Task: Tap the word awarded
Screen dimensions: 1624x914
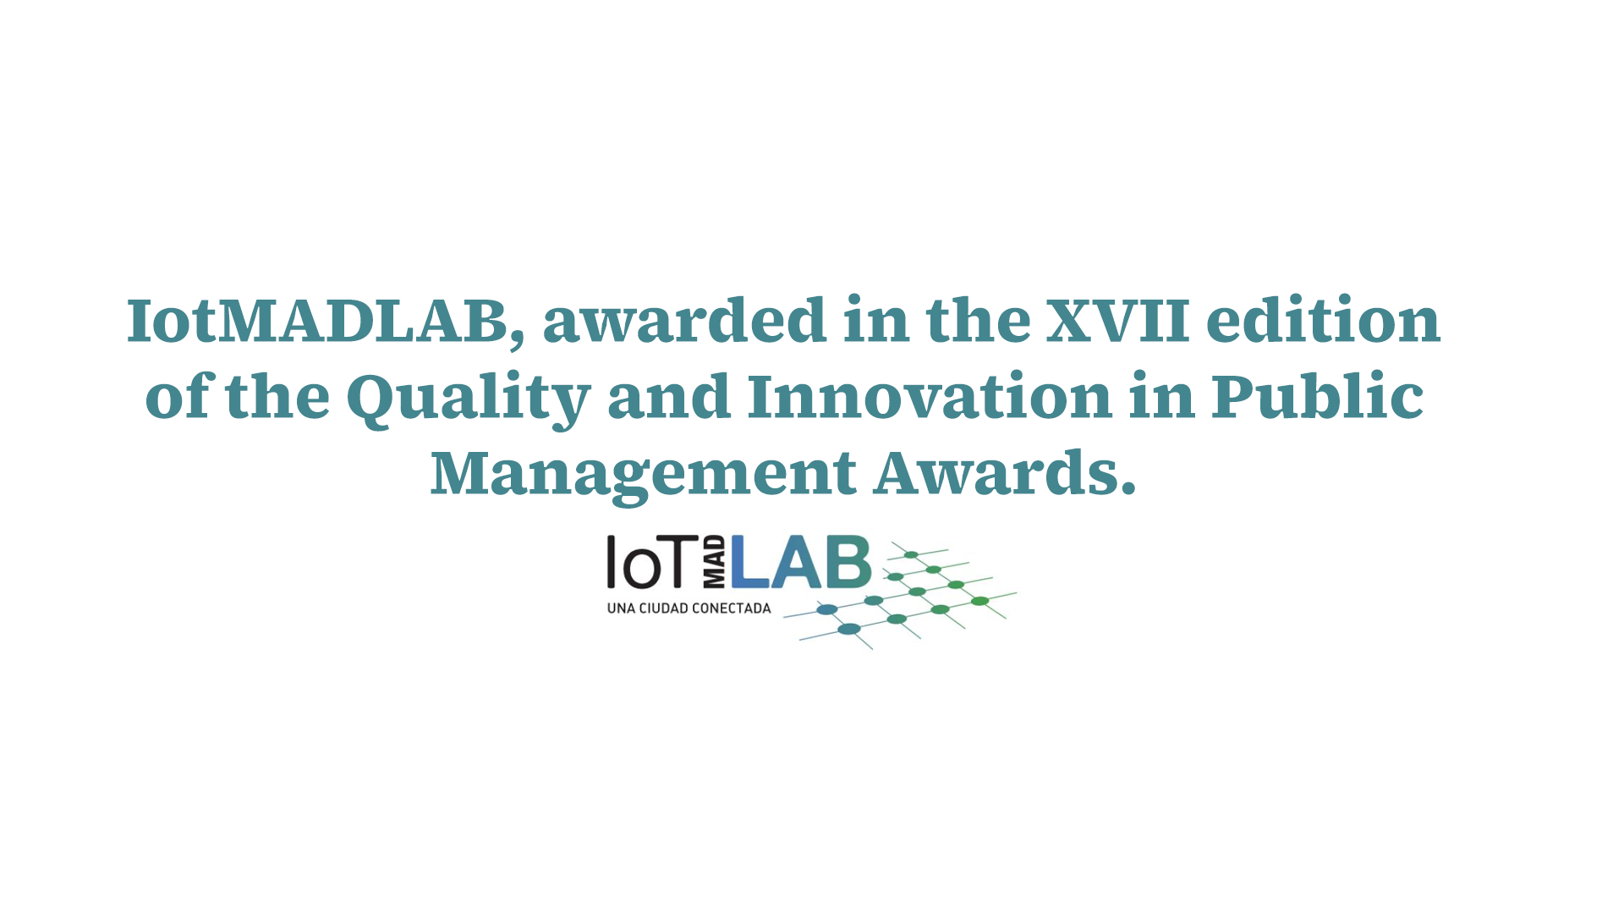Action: click(x=684, y=320)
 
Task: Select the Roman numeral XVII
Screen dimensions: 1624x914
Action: click(x=1118, y=321)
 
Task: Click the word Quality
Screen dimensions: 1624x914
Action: click(x=468, y=399)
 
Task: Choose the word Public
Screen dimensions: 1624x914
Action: click(x=1318, y=395)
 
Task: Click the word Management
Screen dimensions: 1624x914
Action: click(x=644, y=475)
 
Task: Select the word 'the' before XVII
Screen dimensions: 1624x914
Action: click(x=979, y=320)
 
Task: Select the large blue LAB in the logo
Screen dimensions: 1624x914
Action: click(x=801, y=562)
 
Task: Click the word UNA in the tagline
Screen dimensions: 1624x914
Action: click(x=621, y=608)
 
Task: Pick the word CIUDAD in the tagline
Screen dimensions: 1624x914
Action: click(x=665, y=608)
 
